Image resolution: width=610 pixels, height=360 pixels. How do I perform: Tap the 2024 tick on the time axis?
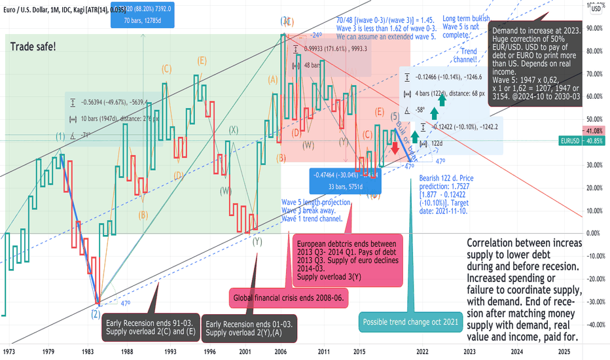point(516,351)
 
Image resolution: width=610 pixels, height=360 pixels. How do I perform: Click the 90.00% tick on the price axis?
point(594,28)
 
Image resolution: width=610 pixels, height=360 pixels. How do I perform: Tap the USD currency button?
point(597,9)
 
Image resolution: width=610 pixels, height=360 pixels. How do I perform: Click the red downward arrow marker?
point(395,147)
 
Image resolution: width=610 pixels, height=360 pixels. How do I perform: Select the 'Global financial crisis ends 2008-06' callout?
point(288,299)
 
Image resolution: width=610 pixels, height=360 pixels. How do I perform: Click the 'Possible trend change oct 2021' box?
point(411,323)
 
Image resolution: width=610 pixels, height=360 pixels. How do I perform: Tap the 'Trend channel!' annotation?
point(469,56)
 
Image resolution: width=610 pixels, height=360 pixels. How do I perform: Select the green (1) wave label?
point(60,137)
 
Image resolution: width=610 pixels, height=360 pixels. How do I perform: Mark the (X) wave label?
point(233,130)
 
